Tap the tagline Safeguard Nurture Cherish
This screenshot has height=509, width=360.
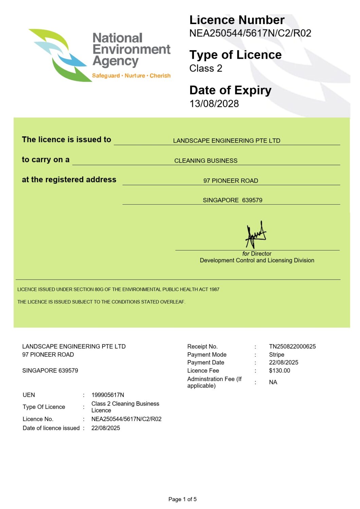pyautogui.click(x=131, y=76)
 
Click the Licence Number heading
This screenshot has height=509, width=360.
pyautogui.click(x=237, y=20)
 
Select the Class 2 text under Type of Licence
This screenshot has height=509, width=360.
pyautogui.click(x=205, y=68)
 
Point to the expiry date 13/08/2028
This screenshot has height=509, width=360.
pyautogui.click(x=214, y=103)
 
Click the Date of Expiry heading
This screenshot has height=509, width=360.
pyautogui.click(x=230, y=90)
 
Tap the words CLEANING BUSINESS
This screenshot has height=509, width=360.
pyautogui.click(x=206, y=161)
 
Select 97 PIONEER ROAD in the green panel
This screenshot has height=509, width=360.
pyautogui.click(x=231, y=181)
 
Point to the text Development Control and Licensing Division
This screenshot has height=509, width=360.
pyautogui.click(x=257, y=260)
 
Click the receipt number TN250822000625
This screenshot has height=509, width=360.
pyautogui.click(x=292, y=346)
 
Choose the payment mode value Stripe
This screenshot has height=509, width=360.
pyautogui.click(x=276, y=355)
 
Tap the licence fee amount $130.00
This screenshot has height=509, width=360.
pyautogui.click(x=280, y=371)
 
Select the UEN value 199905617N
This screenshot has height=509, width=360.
pyautogui.click(x=108, y=395)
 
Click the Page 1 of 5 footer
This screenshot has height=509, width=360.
pyautogui.click(x=182, y=499)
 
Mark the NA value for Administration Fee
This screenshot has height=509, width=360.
pyautogui.click(x=273, y=382)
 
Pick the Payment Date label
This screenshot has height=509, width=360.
pyautogui.click(x=205, y=362)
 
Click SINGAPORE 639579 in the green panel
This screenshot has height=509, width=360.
pyautogui.click(x=232, y=200)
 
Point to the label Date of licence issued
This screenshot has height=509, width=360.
pyautogui.click(x=51, y=428)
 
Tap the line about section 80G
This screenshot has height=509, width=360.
pyautogui.click(x=118, y=289)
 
